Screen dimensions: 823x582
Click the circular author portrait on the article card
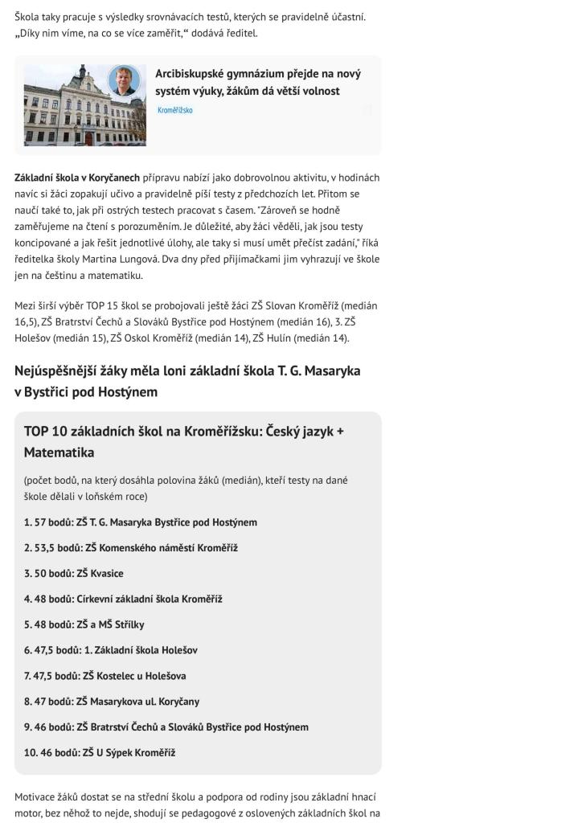(x=124, y=81)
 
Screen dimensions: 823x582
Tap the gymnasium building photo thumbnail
(x=84, y=105)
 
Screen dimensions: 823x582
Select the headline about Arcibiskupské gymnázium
(x=257, y=82)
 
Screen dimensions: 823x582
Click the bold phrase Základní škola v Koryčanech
(x=77, y=178)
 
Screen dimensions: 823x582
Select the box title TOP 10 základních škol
(x=184, y=441)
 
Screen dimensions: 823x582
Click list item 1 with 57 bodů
(x=141, y=522)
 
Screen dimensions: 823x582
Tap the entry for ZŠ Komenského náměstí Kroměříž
(x=131, y=548)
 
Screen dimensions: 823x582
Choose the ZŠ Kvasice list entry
(x=74, y=574)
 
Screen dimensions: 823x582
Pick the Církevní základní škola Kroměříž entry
(x=123, y=599)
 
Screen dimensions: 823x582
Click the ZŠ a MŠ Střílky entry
(x=84, y=624)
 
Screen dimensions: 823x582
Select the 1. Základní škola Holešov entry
(x=111, y=650)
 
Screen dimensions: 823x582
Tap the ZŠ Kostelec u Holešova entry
(x=105, y=676)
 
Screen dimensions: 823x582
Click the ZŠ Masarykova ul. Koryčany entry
(x=112, y=702)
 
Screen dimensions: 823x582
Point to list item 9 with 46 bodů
(x=166, y=727)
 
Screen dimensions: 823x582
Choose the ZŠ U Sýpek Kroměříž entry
(x=100, y=753)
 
